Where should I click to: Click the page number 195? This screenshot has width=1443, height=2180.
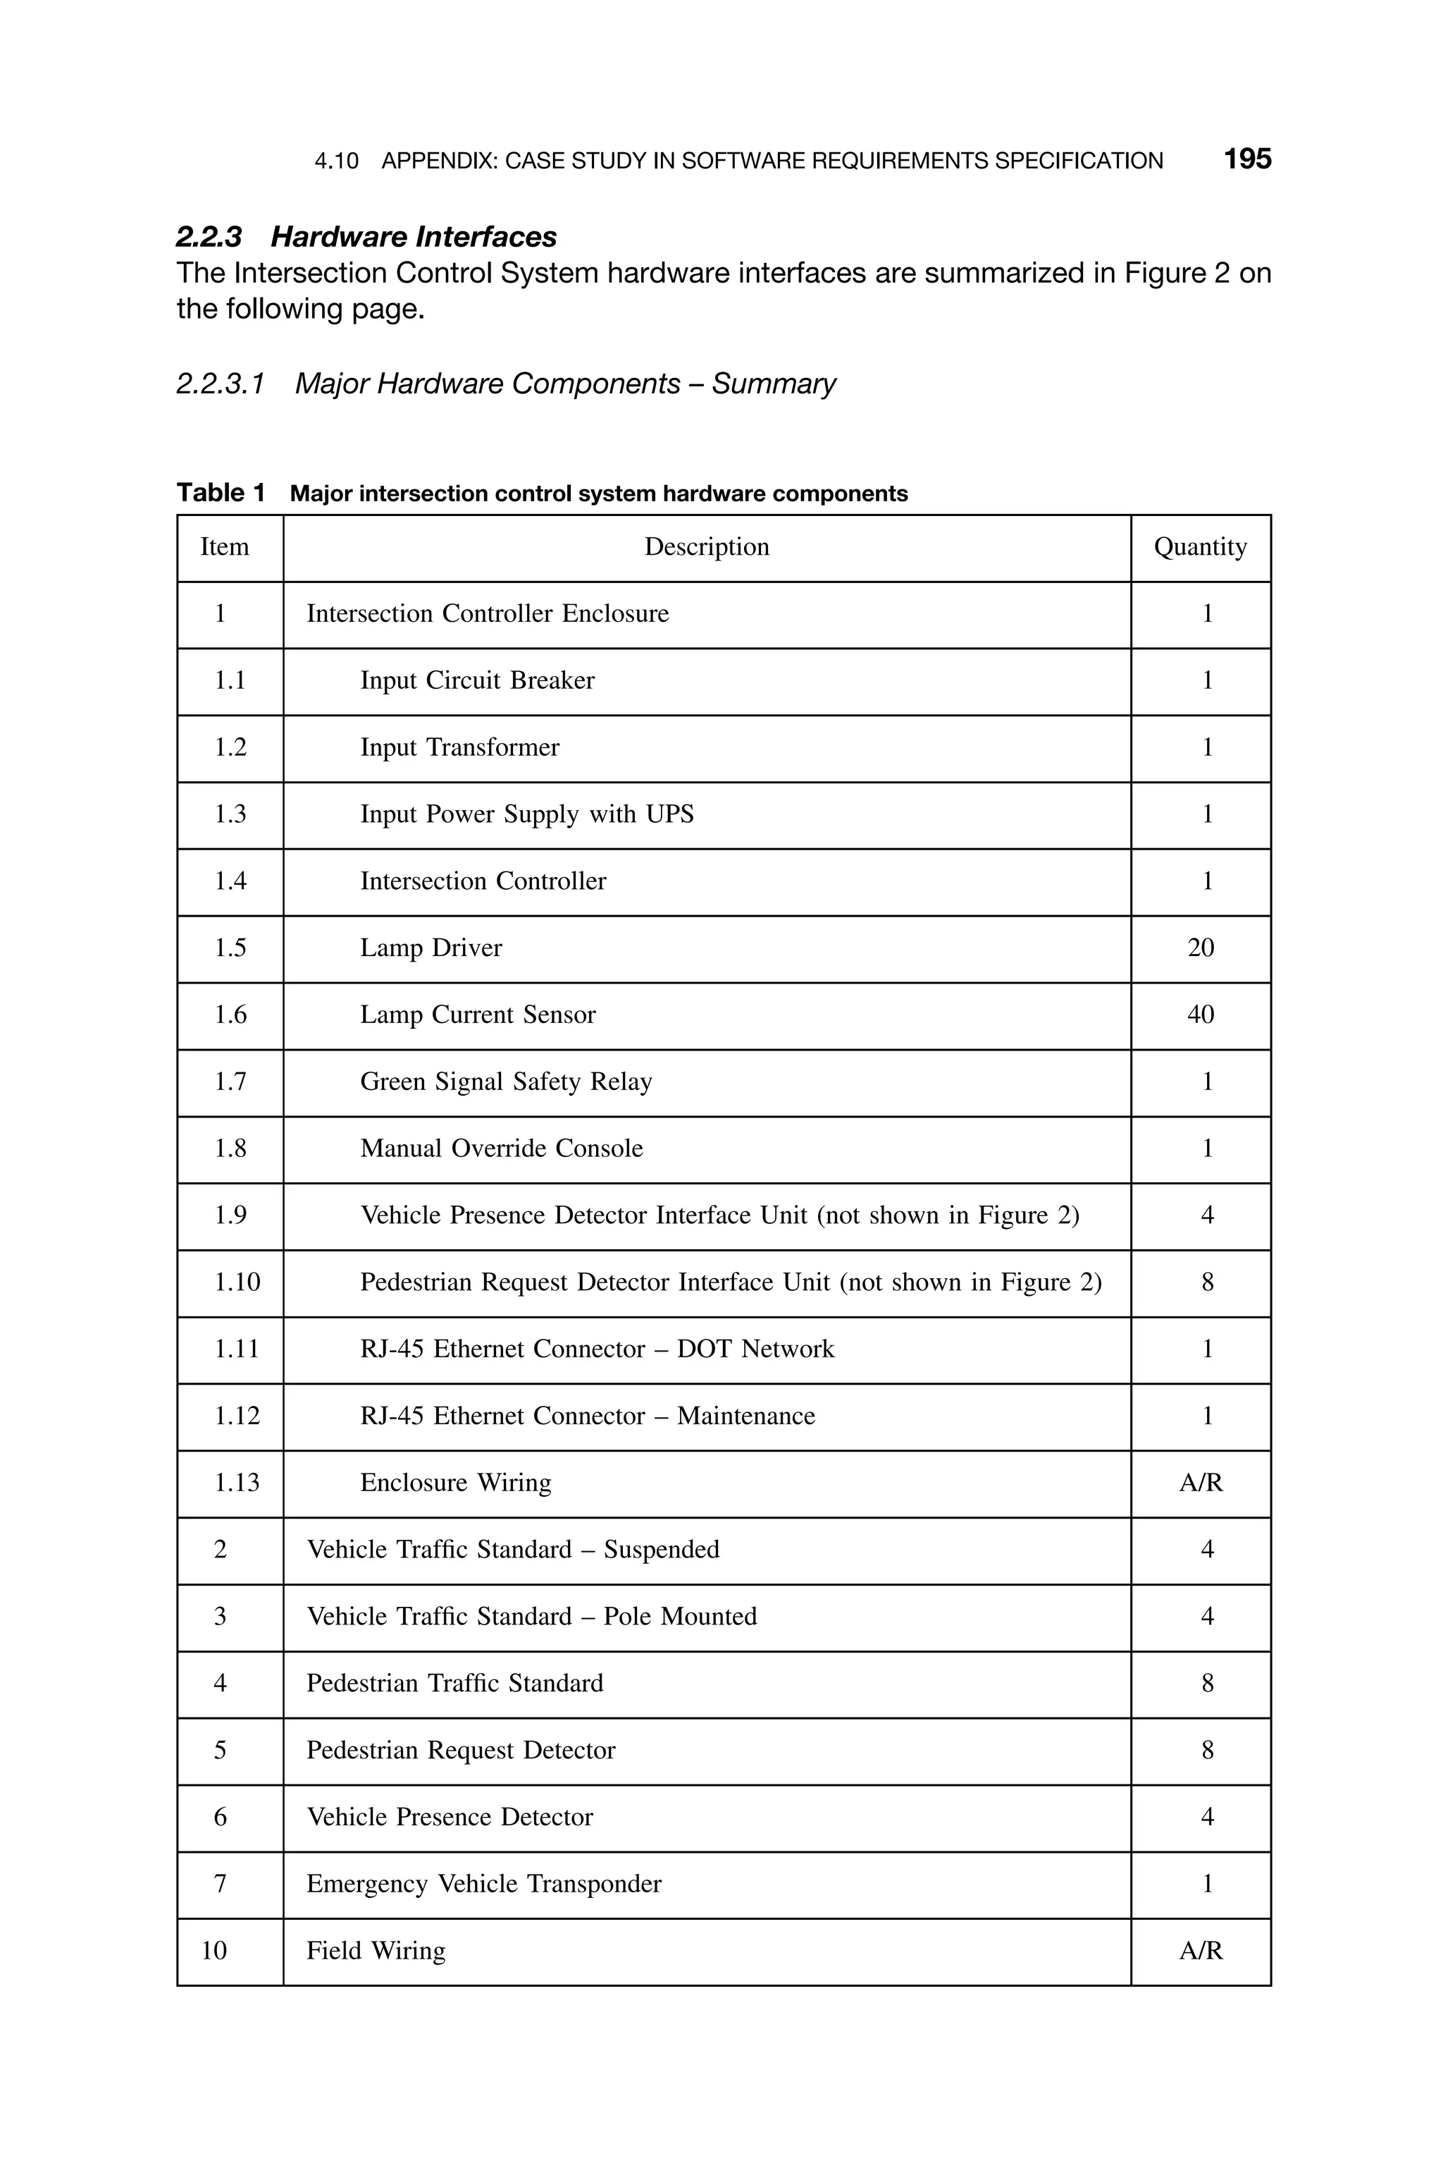1247,159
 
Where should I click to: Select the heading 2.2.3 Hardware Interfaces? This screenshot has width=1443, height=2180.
366,237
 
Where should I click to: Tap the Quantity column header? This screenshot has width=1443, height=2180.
1200,547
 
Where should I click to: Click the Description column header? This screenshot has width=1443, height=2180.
706,547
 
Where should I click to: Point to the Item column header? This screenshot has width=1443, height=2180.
225,547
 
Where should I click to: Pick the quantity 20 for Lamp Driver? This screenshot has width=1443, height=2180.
1200,948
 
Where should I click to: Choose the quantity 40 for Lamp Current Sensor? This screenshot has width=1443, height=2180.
1200,1015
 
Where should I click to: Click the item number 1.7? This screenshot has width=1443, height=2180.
230,1082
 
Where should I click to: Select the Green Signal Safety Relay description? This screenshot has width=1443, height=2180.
505,1082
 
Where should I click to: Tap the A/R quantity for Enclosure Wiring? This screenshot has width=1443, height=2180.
1200,1483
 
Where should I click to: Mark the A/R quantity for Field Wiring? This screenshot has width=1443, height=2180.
1200,1951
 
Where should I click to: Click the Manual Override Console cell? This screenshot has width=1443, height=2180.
501,1149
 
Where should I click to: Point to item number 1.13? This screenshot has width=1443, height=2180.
237,1483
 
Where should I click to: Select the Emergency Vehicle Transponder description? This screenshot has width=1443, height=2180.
483,1884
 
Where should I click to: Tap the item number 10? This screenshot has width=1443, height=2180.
213,1951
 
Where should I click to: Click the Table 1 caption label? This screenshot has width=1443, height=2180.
221,494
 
